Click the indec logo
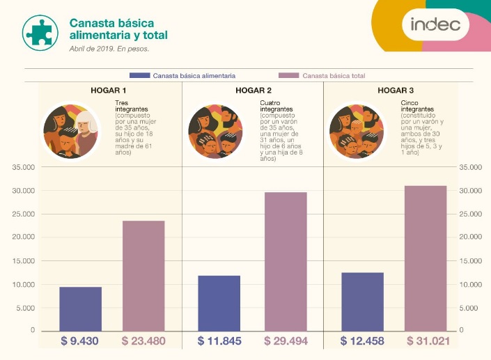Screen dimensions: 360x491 click(x=435, y=25)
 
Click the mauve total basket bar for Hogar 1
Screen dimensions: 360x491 click(x=143, y=276)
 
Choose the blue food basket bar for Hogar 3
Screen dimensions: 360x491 click(x=362, y=302)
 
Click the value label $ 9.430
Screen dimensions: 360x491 click(x=81, y=341)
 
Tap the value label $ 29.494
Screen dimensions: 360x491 click(x=286, y=341)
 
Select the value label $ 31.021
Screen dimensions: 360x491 click(x=428, y=341)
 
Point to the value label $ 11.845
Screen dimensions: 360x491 click(x=219, y=341)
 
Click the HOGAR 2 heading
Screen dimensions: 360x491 click(x=254, y=91)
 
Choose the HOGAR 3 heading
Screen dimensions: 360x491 click(x=396, y=91)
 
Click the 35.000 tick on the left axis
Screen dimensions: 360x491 click(x=24, y=167)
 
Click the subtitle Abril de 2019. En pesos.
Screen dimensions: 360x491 click(x=109, y=49)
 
